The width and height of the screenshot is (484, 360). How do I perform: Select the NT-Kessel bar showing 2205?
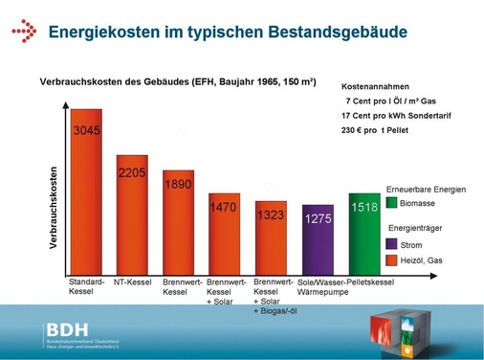point(132,215)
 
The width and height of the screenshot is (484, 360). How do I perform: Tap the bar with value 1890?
point(178,224)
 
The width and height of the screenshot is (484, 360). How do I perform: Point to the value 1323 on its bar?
point(271,215)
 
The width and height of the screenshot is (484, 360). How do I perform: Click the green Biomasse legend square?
point(391,204)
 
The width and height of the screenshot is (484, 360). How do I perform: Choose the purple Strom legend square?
point(391,245)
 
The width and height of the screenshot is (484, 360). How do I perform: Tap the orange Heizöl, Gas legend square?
point(391,261)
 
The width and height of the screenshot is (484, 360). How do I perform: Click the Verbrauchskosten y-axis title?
point(55,208)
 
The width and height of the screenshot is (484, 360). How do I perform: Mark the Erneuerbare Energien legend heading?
point(426,190)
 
